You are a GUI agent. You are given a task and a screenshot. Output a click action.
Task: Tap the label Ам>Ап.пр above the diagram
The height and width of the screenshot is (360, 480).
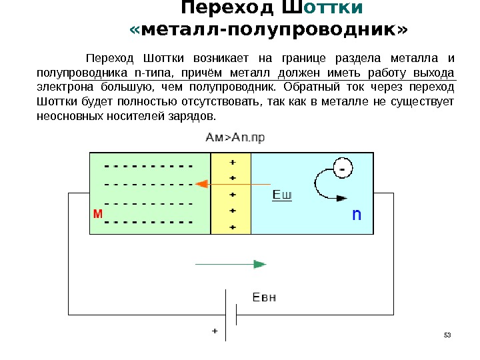[x=235, y=138]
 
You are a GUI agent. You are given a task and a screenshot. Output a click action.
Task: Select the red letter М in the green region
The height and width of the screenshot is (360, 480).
[x=97, y=215]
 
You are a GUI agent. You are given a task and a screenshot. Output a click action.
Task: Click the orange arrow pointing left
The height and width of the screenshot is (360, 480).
[x=233, y=183]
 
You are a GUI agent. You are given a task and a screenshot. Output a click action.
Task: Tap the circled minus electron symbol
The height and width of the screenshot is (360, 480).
[x=342, y=170]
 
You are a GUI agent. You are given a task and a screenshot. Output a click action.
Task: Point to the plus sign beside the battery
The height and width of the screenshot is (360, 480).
[x=215, y=329]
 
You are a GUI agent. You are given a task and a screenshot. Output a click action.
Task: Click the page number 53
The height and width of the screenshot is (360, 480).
[x=447, y=333]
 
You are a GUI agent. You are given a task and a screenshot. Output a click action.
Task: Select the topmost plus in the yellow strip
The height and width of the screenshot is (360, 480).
[x=233, y=163]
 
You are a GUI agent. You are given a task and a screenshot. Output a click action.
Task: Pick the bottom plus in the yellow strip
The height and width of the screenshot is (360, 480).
[x=233, y=227]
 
